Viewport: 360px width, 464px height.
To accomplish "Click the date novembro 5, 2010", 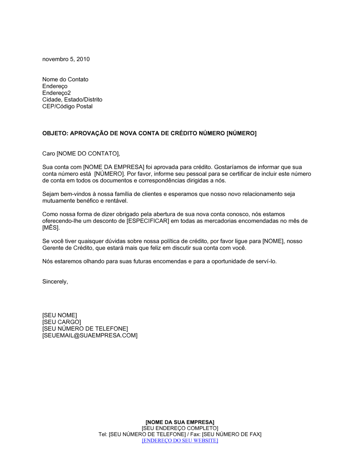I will click(x=66, y=59).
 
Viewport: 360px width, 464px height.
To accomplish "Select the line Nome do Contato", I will click(x=65, y=79).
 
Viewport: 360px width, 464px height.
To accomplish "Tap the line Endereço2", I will click(x=57, y=93).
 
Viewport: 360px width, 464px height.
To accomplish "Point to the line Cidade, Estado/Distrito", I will click(x=72, y=100).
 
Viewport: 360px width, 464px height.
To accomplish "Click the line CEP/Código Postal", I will click(x=67, y=106).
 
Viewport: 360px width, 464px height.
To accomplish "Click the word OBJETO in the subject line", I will click(x=55, y=133).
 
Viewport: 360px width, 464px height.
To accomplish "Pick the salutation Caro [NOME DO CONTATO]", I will click(x=81, y=154).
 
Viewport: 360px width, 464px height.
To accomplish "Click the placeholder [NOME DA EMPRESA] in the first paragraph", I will click(x=114, y=167).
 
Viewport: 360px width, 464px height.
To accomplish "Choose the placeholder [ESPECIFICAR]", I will click(x=148, y=221).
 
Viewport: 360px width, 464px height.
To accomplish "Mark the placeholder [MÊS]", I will click(x=50, y=228).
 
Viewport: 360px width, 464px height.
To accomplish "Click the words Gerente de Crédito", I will click(x=68, y=248).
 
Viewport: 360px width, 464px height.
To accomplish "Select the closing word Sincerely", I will click(x=55, y=282).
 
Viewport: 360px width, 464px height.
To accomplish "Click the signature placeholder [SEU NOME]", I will click(x=59, y=315).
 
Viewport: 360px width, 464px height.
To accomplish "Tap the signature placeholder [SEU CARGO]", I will click(x=62, y=322).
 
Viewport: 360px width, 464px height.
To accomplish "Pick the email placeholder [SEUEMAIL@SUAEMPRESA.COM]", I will click(x=90, y=336).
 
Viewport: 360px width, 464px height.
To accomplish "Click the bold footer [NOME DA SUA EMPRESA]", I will click(x=180, y=422).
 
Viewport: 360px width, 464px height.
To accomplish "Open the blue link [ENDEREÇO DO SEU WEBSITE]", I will click(x=180, y=440).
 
